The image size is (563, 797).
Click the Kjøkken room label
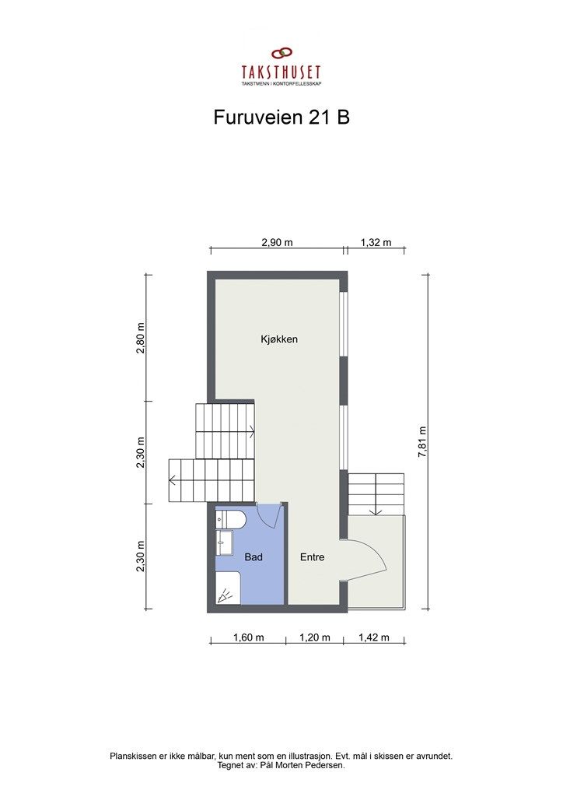coord(280,340)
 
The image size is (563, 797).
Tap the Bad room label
coord(253,557)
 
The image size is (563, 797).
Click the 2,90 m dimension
coord(277,242)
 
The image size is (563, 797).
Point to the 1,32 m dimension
coord(376,242)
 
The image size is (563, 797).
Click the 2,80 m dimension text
coord(141,339)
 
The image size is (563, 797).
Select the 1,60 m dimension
coord(249,638)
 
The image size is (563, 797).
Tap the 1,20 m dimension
coord(315,638)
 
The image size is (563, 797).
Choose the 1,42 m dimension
coord(374,638)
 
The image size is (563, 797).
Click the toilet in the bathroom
coord(231,519)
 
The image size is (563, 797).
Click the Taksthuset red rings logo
coord(281,54)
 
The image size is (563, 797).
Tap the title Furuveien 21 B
coord(281,117)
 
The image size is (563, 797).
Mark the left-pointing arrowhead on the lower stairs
coord(173,480)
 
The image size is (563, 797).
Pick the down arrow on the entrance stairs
coord(376,511)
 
